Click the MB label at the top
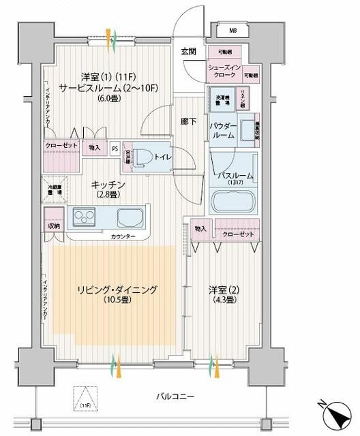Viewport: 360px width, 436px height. coord(232,31)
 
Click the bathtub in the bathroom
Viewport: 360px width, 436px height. coord(232,202)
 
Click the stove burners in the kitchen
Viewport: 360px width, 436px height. coord(85,219)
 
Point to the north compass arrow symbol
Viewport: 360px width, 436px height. coord(338,414)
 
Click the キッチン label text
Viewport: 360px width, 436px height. coord(108,185)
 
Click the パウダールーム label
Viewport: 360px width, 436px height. coord(226,130)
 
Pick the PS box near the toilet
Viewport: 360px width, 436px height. coord(115,148)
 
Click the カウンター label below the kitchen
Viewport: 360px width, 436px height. coord(123,236)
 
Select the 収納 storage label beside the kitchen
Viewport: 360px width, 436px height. coord(54,226)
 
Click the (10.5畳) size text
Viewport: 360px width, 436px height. coord(118,300)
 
